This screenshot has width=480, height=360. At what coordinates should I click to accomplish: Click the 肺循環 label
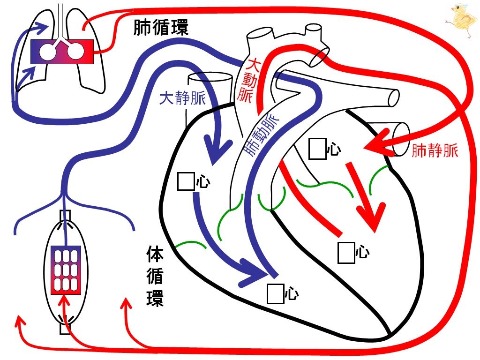pos(161,27)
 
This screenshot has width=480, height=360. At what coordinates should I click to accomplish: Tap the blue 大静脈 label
pos(182,98)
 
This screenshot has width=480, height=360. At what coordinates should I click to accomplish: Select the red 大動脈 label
pos(247,80)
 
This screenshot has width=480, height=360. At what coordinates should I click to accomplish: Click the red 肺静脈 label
pos(435,150)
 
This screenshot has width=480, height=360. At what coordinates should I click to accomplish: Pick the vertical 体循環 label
pos(155,276)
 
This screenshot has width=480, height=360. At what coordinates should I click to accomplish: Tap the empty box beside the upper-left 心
pos(186,181)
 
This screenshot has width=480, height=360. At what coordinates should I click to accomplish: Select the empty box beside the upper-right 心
pos(317,149)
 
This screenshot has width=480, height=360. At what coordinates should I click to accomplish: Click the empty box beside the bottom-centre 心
pos(276,294)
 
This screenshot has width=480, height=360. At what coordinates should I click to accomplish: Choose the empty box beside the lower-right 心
pos(346,253)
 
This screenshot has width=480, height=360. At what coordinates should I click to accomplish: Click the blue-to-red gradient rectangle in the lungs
pos(62,52)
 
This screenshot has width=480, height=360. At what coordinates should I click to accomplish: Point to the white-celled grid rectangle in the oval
pos(66,270)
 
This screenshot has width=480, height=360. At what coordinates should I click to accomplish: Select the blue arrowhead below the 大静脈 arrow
pos(218,151)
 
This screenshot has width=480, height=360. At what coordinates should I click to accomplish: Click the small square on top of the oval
pos(65,215)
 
